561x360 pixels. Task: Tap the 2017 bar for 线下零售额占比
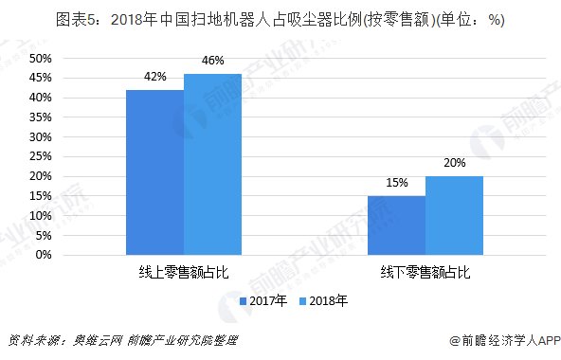click(x=396, y=225)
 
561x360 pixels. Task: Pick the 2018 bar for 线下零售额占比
click(x=454, y=216)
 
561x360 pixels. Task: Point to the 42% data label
click(x=155, y=77)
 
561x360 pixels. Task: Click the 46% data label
click(x=213, y=61)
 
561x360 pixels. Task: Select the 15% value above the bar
click(x=396, y=183)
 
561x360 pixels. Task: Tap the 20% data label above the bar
click(x=454, y=163)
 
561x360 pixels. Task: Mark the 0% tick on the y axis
click(x=44, y=256)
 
